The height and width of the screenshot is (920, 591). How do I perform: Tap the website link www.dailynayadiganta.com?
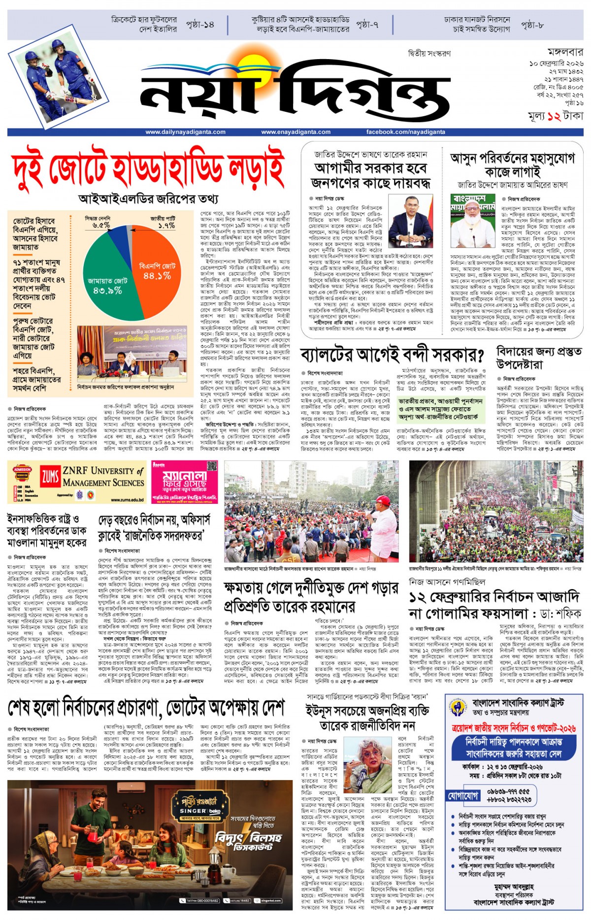coord(185,132)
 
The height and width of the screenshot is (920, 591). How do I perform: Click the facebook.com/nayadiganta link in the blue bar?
coord(405,132)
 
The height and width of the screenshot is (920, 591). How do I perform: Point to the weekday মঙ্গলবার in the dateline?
coord(565,52)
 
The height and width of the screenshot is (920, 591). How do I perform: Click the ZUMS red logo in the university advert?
coord(50,476)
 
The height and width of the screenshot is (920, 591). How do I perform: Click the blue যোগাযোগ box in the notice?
coord(463,795)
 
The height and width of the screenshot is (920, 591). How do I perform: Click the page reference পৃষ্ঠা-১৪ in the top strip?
coord(200,24)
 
